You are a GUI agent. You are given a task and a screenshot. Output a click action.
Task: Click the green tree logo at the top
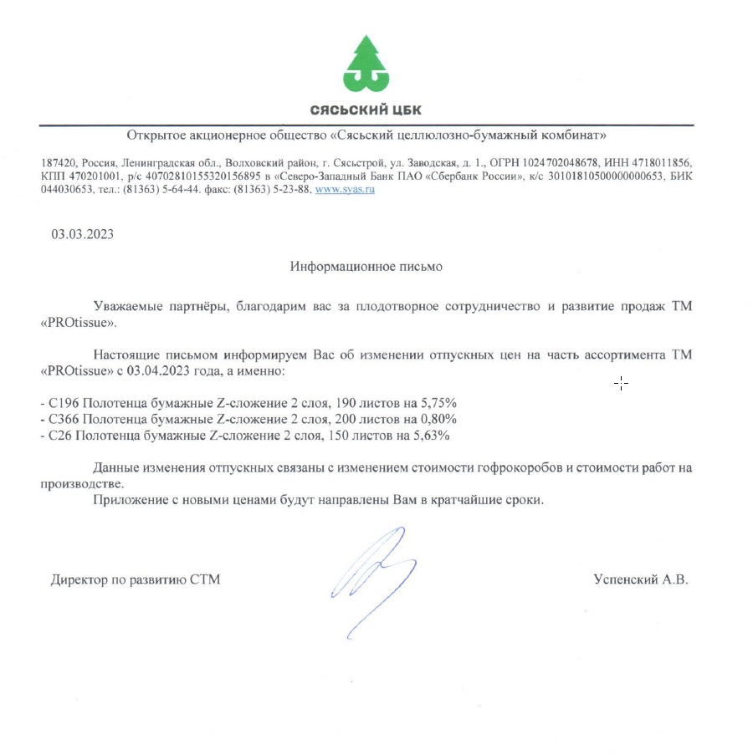366,64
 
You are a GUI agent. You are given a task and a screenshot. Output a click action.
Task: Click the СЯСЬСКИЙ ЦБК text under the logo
366,110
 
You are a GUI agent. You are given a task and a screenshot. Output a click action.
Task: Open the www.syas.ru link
344,190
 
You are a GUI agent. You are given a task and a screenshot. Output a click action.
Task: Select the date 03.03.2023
83,234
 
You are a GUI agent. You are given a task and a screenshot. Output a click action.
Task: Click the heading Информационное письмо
366,267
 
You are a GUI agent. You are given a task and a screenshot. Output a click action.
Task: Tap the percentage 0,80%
439,419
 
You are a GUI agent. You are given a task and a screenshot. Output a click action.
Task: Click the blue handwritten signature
372,577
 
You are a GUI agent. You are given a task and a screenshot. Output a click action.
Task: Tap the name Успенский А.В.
641,579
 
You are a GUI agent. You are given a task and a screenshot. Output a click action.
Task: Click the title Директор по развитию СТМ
136,579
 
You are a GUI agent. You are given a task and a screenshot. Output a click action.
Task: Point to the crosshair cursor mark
621,384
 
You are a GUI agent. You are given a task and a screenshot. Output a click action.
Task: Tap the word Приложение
128,500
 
